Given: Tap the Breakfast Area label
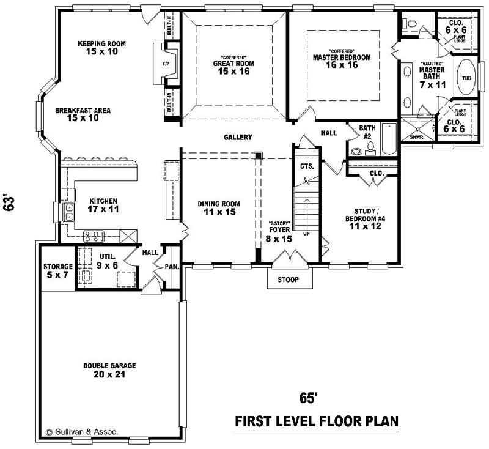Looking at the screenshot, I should point(83,114).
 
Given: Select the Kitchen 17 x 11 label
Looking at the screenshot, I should point(103,205).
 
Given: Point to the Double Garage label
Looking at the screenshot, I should point(110,370).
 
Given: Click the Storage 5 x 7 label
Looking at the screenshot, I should point(58,270).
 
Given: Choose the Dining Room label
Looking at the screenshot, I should point(218,208).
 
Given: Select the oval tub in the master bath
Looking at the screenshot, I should point(468,78).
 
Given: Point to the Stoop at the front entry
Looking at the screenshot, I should point(287,280).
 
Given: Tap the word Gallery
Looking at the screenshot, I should point(238,138).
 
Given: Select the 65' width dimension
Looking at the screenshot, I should point(309,398).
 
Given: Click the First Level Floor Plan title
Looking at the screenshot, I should point(317,422).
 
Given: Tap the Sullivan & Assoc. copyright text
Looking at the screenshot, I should point(83,432).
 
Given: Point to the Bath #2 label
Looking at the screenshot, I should point(367,132).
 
